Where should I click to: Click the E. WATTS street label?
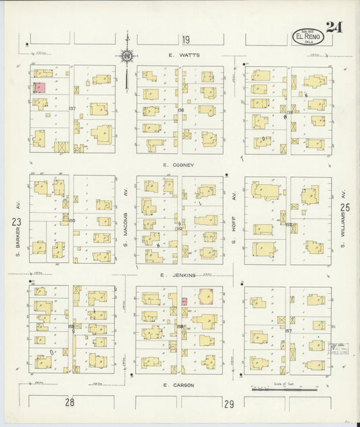tap(184, 55)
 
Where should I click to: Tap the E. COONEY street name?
tap(179, 165)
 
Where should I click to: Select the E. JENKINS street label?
tap(178, 275)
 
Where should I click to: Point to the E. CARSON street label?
tap(179, 384)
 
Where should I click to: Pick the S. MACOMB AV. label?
tap(126, 219)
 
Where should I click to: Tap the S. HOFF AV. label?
tap(234, 219)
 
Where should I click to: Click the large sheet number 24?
tap(333, 28)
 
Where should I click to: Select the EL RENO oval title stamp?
tap(307, 36)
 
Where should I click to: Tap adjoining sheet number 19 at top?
tap(185, 40)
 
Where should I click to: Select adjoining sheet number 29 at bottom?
tap(229, 403)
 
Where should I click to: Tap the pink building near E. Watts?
tap(39, 88)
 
